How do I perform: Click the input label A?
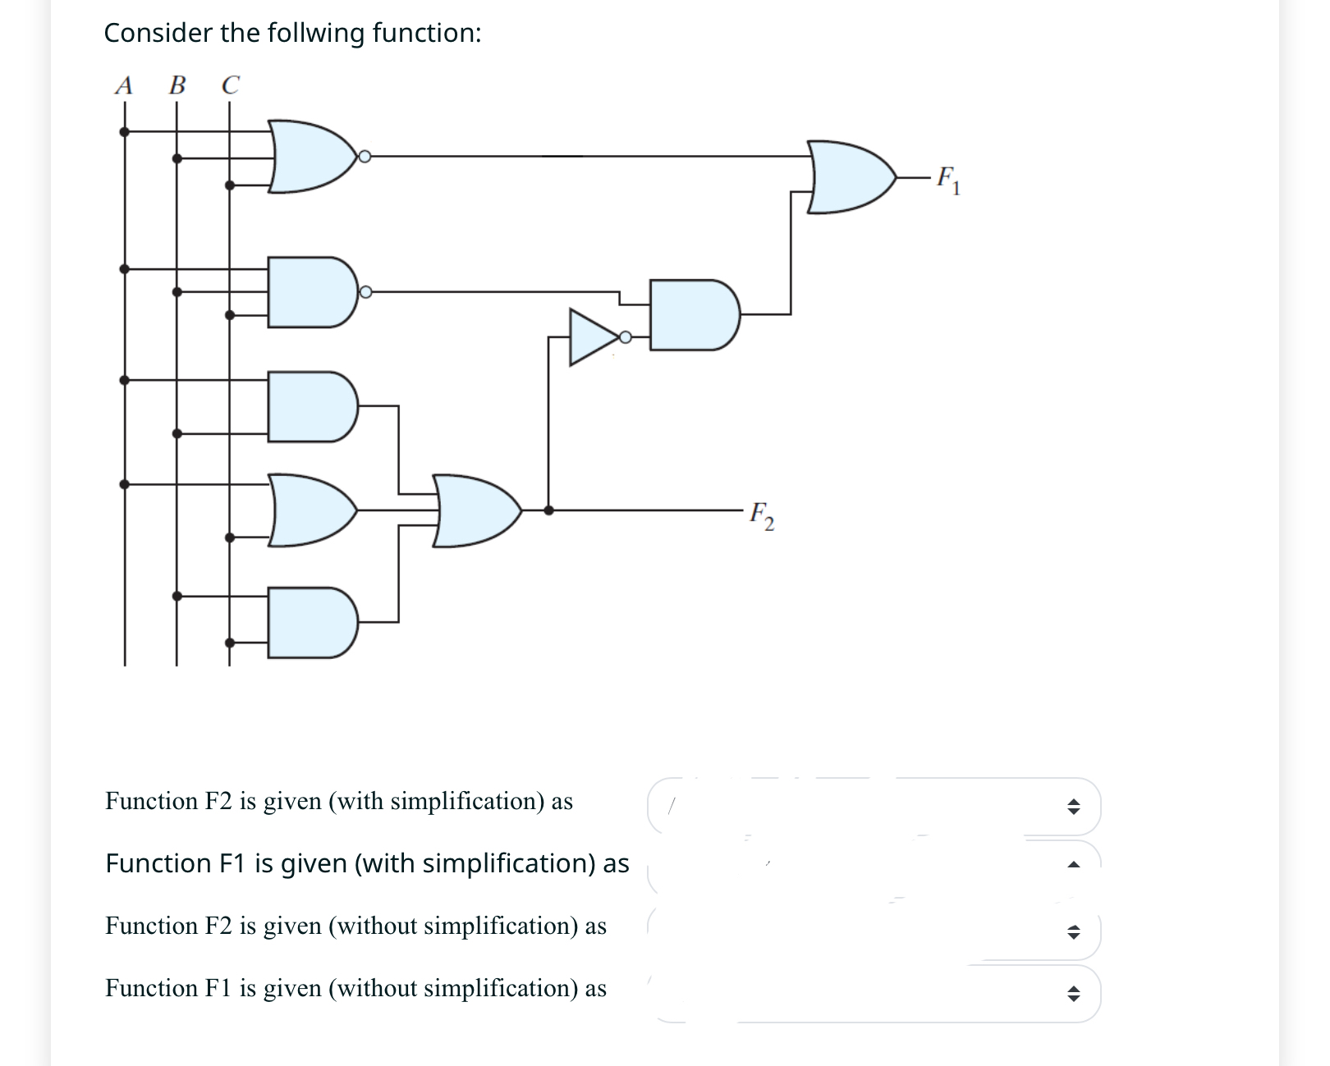124,85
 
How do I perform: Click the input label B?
177,85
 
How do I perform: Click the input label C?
231,85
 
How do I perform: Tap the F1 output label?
947,180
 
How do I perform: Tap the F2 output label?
761,515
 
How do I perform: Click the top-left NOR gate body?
308,157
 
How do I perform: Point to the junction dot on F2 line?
548,510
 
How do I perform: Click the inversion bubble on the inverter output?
626,336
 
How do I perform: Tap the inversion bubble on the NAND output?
365,292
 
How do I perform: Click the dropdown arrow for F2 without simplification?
1072,932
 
